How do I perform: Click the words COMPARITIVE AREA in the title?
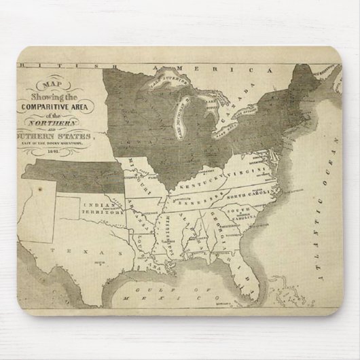[60, 107]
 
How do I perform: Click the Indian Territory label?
[103, 208]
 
